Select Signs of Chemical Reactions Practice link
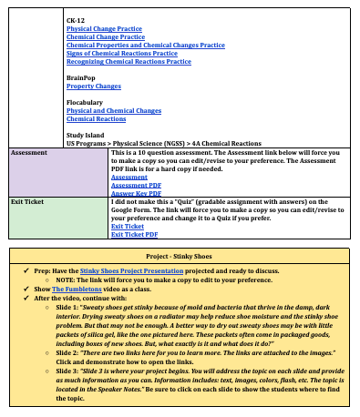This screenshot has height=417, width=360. pos(122,53)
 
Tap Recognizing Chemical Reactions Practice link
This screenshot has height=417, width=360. pos(129,61)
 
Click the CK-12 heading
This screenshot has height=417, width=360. pos(74,19)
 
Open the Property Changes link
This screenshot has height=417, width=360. pos(93,86)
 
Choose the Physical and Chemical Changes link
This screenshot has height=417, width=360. pos(114,111)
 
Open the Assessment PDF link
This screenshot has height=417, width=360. pos(136,185)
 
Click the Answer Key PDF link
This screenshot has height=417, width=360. pos(136,193)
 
